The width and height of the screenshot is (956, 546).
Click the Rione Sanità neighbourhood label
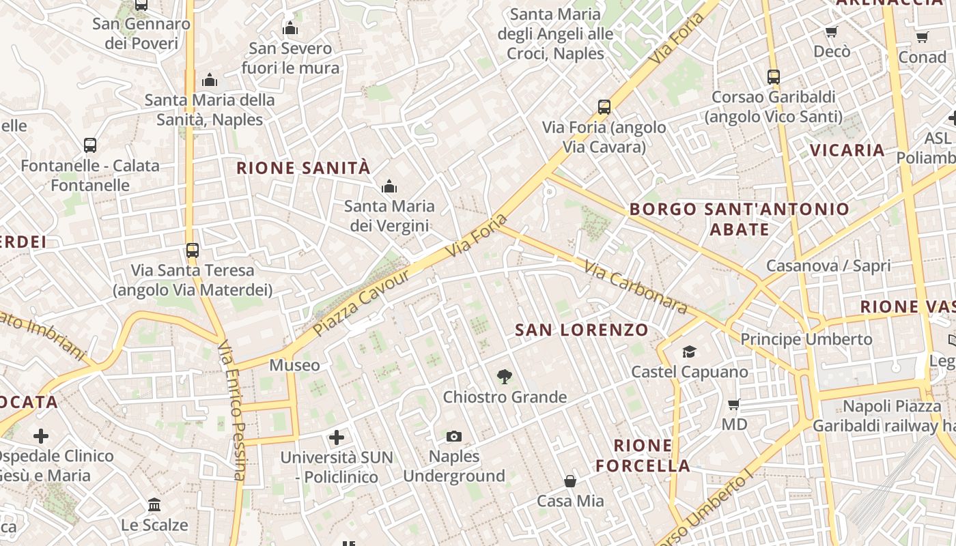point(303,168)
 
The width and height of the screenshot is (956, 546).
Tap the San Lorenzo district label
point(582,330)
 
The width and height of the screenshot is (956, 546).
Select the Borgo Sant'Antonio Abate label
point(740,218)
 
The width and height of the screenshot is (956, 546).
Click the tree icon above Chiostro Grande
point(505,376)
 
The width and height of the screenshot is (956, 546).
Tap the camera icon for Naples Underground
point(454,436)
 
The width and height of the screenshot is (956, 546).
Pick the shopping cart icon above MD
point(734,404)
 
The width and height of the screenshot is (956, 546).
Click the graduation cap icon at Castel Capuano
point(689,351)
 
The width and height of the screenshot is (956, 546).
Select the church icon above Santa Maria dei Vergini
point(389,186)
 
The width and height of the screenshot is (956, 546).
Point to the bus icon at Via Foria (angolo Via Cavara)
point(604,106)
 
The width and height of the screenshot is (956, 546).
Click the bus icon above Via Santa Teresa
point(193,250)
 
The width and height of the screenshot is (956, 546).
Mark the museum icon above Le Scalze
point(154,505)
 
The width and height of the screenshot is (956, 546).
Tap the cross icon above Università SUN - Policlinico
point(337,437)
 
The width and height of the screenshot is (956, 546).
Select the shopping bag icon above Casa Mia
point(570,481)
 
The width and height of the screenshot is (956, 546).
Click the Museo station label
point(294,365)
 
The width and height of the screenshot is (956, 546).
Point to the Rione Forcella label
point(643,456)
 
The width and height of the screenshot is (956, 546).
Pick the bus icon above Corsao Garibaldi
point(774,77)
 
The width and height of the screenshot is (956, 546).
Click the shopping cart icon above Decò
point(832,31)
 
